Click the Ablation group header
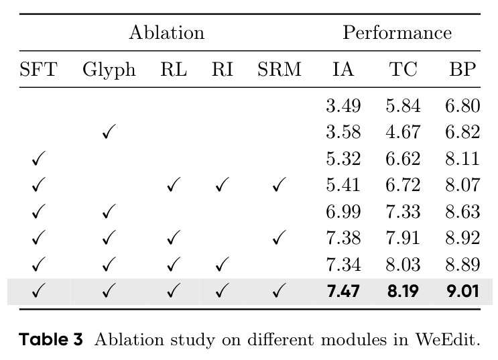167,32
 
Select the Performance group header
397,32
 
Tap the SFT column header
38,69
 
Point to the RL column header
174,69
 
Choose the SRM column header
279,69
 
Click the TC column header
403,69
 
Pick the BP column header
462,69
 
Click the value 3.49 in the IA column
343,106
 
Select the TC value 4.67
403,132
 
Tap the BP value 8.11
462,159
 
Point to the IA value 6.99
343,212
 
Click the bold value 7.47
343,291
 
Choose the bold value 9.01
462,291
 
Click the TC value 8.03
403,265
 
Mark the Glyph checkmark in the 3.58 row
109,131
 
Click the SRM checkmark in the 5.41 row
279,184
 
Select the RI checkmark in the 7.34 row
222,264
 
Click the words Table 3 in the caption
51,339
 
